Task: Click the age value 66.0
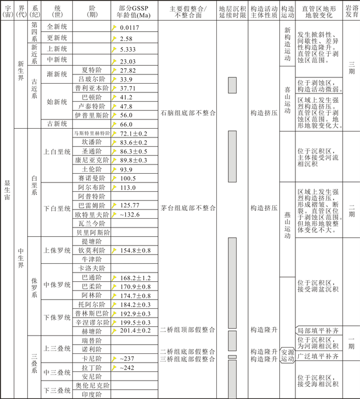coord(126,124)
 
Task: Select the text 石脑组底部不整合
coord(187,113)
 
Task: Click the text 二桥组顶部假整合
coord(187,330)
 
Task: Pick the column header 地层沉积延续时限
coord(233,13)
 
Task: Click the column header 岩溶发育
coord(351,13)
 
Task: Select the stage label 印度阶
coord(92,395)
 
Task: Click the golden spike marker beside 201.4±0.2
coord(115,331)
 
